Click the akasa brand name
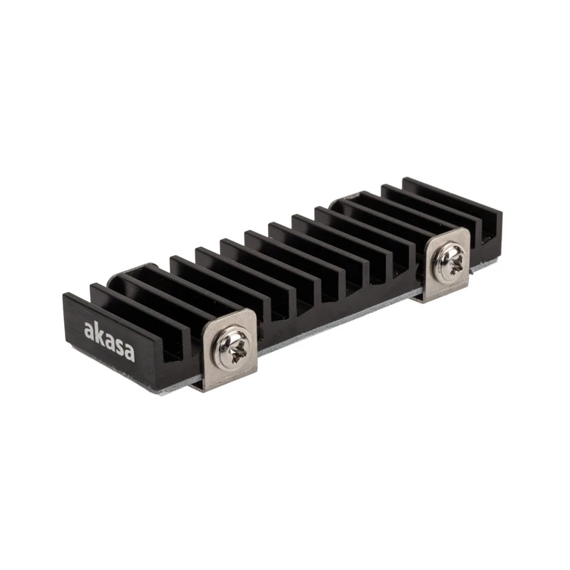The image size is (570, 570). tap(109, 341)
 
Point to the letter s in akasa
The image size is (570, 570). tap(120, 346)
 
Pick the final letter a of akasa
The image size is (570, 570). tap(130, 353)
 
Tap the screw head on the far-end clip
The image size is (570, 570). tap(448, 261)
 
